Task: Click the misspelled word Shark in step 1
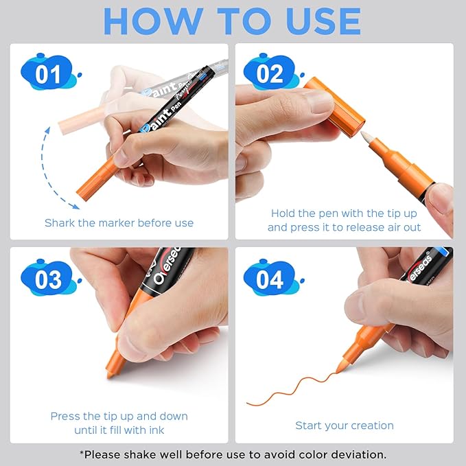coord(60,223)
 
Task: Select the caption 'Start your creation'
coord(345,426)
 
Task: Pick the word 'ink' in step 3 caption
coord(155,430)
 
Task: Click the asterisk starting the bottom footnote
coord(82,453)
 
